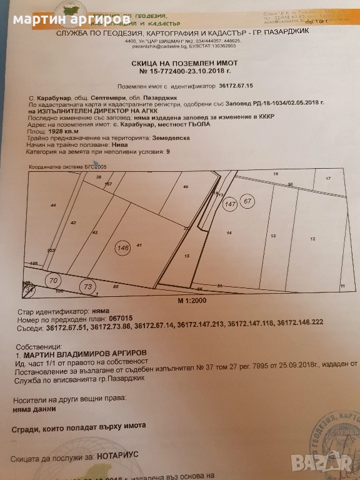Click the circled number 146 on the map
(x=122, y=248)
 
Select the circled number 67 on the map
(x=248, y=201)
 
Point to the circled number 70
(x=52, y=281)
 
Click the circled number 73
(x=87, y=286)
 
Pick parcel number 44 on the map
(x=53, y=205)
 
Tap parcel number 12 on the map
(x=312, y=239)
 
